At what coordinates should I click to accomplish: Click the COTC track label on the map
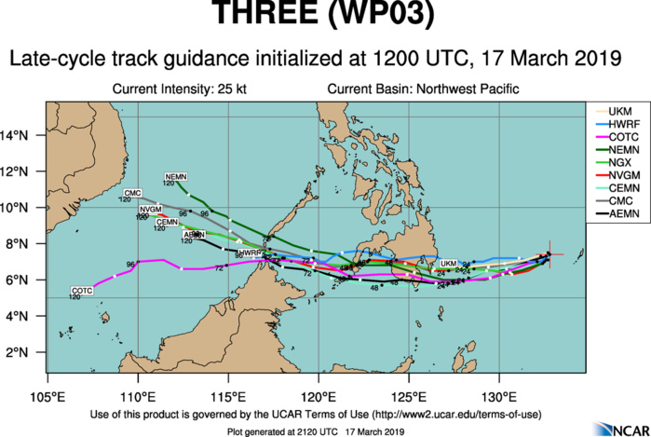coord(82,292)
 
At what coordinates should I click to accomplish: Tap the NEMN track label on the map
coord(175,177)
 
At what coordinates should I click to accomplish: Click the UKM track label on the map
coord(449,263)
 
